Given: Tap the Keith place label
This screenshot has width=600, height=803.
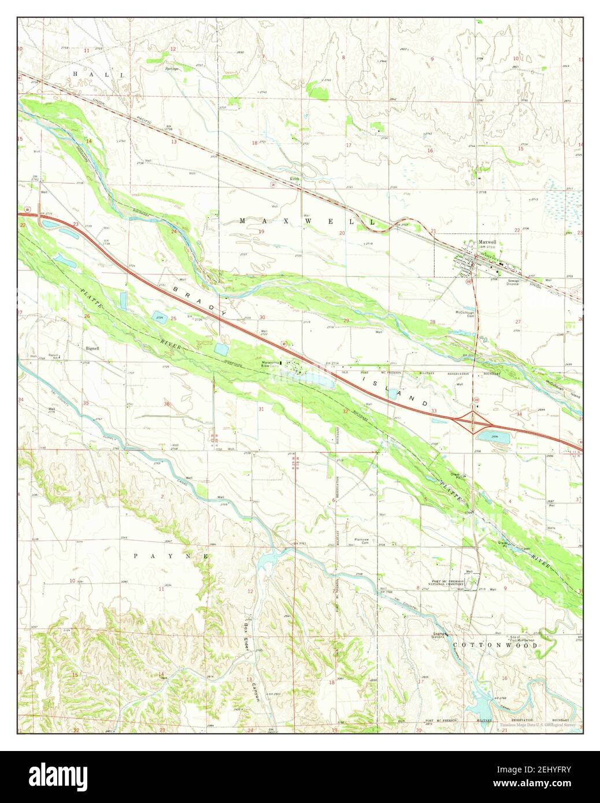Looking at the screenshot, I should point(295,180).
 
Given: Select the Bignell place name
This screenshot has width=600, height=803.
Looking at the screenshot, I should point(92,348).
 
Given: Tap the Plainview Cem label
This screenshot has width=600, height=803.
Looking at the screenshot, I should point(362,541).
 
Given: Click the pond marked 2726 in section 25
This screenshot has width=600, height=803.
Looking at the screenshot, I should point(158,317).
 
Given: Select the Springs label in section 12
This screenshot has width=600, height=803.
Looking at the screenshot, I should point(171,69).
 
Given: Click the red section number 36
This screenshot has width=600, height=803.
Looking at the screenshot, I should point(168,403).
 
